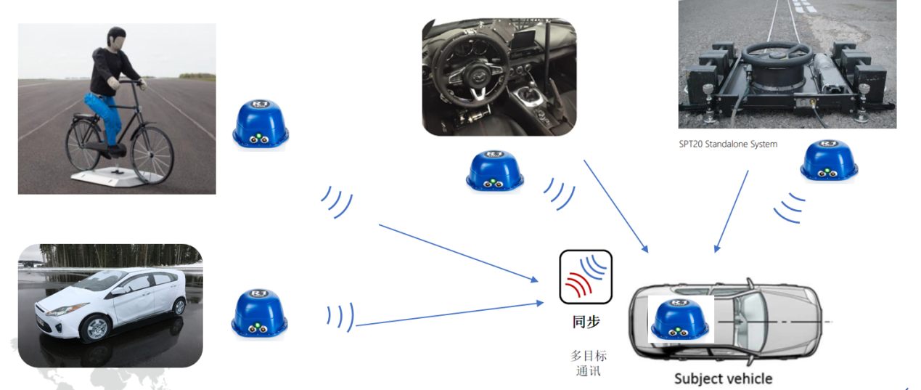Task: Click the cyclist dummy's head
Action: (x=116, y=38)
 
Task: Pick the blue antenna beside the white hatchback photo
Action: (x=260, y=313)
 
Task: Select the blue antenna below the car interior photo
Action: (x=494, y=172)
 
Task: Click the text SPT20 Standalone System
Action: (x=727, y=144)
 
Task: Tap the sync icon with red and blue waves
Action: (x=586, y=277)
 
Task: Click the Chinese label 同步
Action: (x=586, y=321)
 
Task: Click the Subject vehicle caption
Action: (x=723, y=378)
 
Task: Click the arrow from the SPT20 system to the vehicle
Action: (x=732, y=211)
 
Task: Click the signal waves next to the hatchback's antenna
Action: (x=340, y=316)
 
